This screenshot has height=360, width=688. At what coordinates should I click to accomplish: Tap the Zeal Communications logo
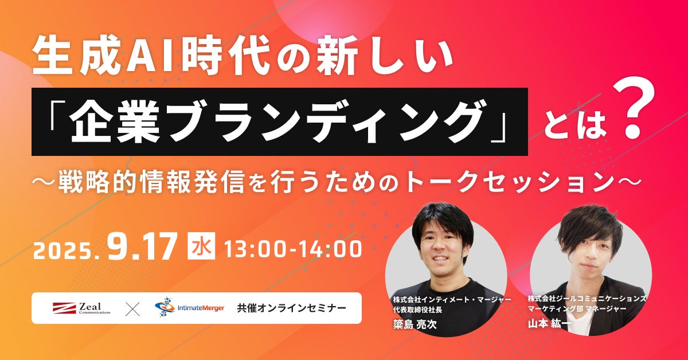(x=81, y=308)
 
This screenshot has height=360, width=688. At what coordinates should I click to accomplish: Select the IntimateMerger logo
(x=190, y=307)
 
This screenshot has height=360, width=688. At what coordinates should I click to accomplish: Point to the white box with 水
(x=201, y=246)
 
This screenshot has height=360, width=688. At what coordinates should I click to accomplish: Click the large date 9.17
(x=143, y=246)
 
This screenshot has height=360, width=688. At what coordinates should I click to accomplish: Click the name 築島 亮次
(x=415, y=324)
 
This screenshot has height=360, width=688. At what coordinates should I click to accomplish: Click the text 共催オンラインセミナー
(x=291, y=308)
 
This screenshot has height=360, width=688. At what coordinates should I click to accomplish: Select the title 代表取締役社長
(x=417, y=310)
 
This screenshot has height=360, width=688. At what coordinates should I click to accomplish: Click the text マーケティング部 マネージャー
(x=577, y=308)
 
